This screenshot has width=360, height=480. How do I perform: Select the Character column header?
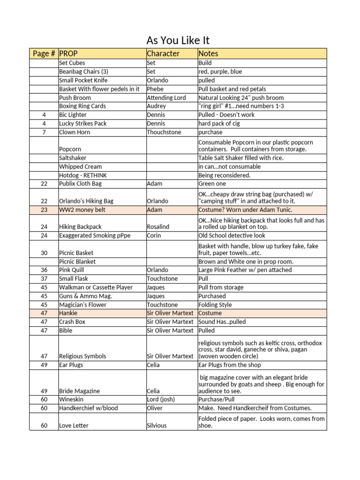tap(163, 53)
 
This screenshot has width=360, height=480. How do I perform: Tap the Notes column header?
tap(208, 53)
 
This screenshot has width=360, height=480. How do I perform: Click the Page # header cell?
tap(44, 53)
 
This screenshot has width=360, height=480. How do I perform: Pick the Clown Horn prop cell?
tap(75, 132)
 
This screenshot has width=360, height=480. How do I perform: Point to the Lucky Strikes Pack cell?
tap(83, 123)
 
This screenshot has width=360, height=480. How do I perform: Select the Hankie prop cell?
tap(68, 313)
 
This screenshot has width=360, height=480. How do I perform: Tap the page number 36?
tap(44, 270)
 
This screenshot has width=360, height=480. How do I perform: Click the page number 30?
tap(44, 253)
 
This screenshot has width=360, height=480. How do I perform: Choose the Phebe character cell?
tap(155, 89)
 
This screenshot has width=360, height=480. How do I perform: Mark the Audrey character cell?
tap(156, 106)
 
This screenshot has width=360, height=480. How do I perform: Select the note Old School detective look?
tap(232, 235)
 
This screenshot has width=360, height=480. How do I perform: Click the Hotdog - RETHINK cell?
tap(83, 175)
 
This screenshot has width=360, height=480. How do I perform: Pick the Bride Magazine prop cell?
tap(79, 391)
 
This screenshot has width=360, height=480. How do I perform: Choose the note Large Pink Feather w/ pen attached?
tap(245, 270)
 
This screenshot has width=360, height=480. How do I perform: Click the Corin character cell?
tap(154, 235)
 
